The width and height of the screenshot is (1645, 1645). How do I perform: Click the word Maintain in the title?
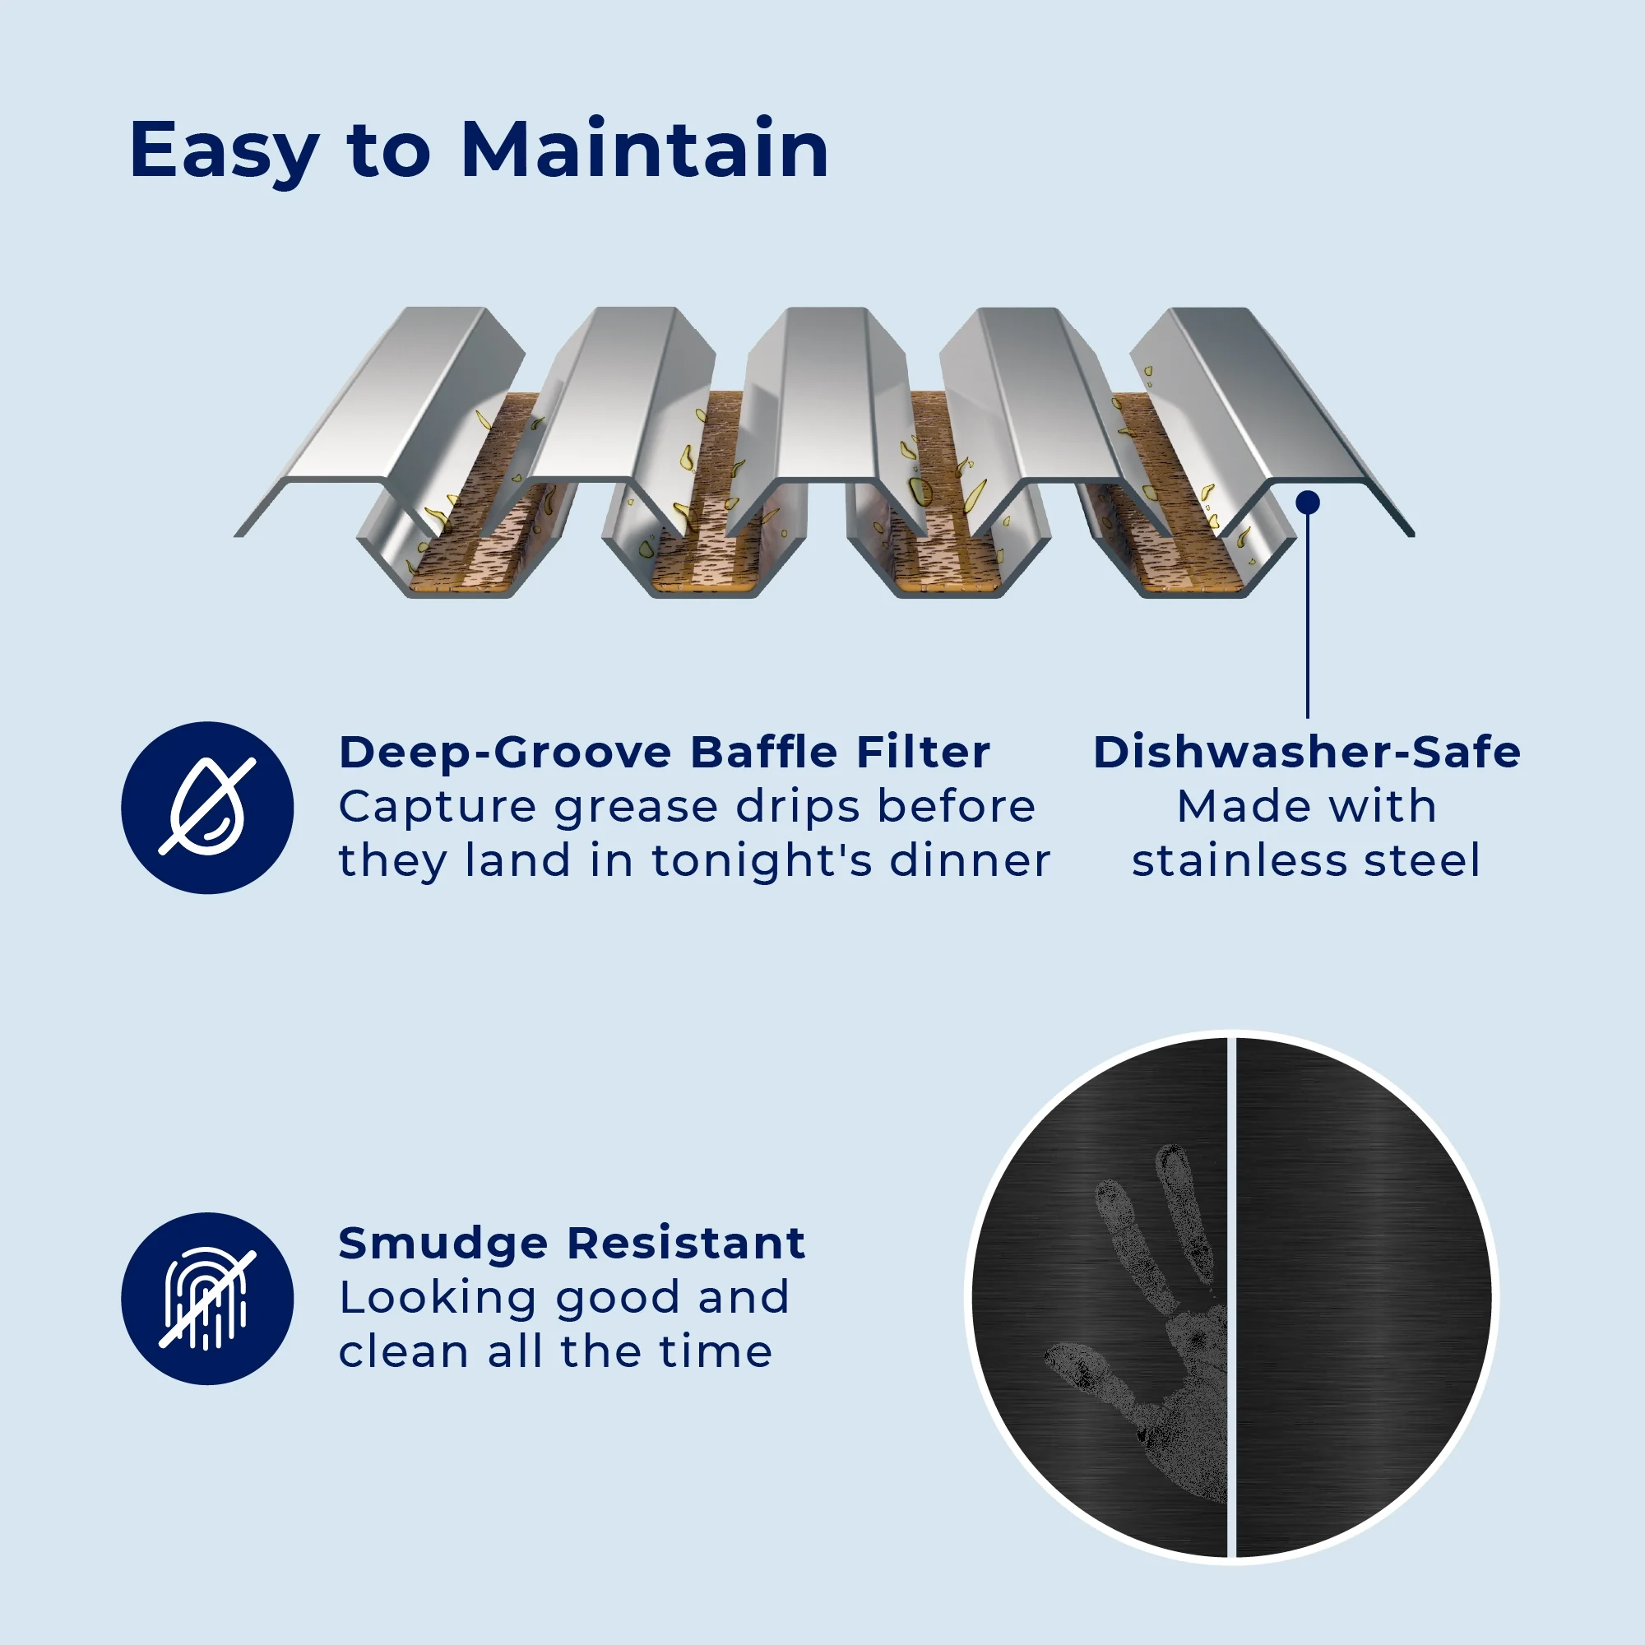pyautogui.click(x=645, y=151)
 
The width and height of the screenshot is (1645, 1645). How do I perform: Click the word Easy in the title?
pyautogui.click(x=224, y=151)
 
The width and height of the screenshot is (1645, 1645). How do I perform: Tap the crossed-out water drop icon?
pyautogui.click(x=207, y=807)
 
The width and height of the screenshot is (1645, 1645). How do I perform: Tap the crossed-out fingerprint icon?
pyautogui.click(x=207, y=1299)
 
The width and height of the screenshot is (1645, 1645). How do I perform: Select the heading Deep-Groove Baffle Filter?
pyautogui.click(x=664, y=752)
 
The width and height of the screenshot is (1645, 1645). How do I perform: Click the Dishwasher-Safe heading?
pyautogui.click(x=1307, y=752)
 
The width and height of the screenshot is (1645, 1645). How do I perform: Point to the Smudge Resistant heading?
pyautogui.click(x=572, y=1243)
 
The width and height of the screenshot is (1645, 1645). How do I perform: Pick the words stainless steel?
pyautogui.click(x=1307, y=861)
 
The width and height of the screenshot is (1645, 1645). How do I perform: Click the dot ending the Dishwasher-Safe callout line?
pyautogui.click(x=1308, y=503)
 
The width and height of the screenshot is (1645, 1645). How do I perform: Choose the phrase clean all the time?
pyautogui.click(x=555, y=1352)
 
